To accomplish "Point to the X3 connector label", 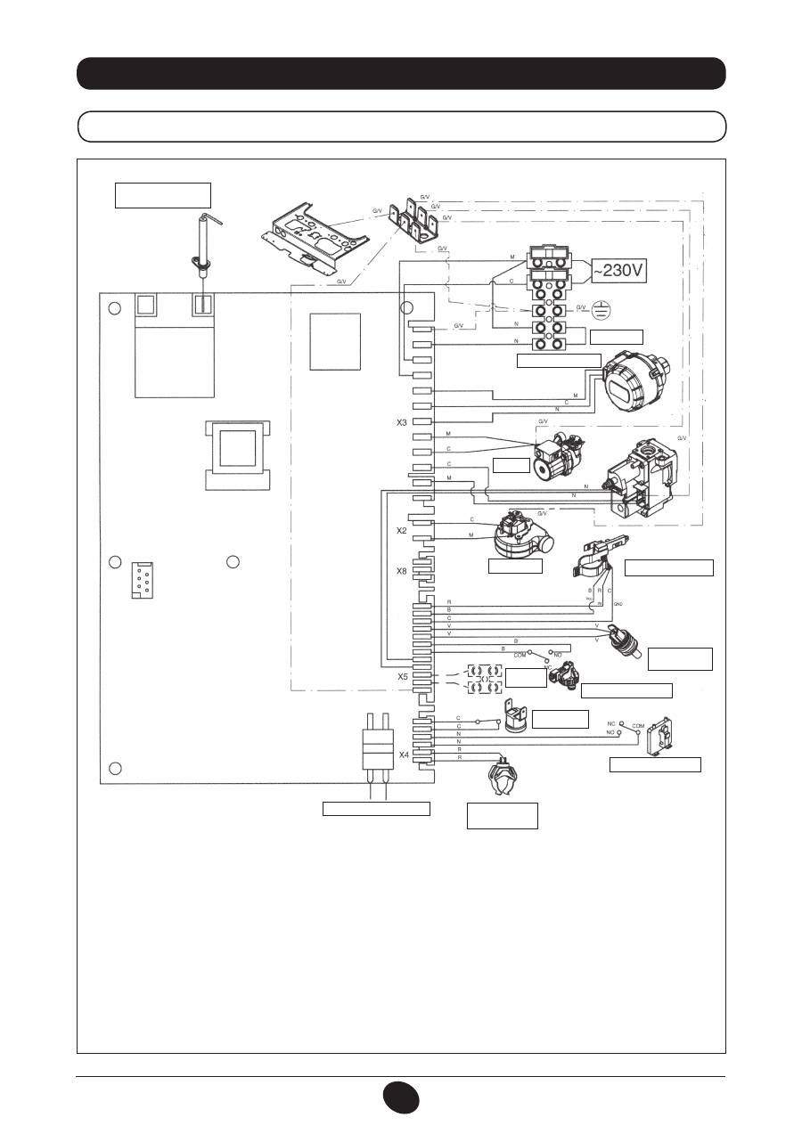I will [403, 421].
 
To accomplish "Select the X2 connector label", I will [402, 530].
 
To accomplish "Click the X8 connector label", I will [403, 571].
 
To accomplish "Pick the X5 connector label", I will [403, 675].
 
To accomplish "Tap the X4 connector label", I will [403, 755].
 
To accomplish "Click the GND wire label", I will [617, 605].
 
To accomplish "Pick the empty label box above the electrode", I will [163, 194].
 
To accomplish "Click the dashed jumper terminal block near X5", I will [481, 679].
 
